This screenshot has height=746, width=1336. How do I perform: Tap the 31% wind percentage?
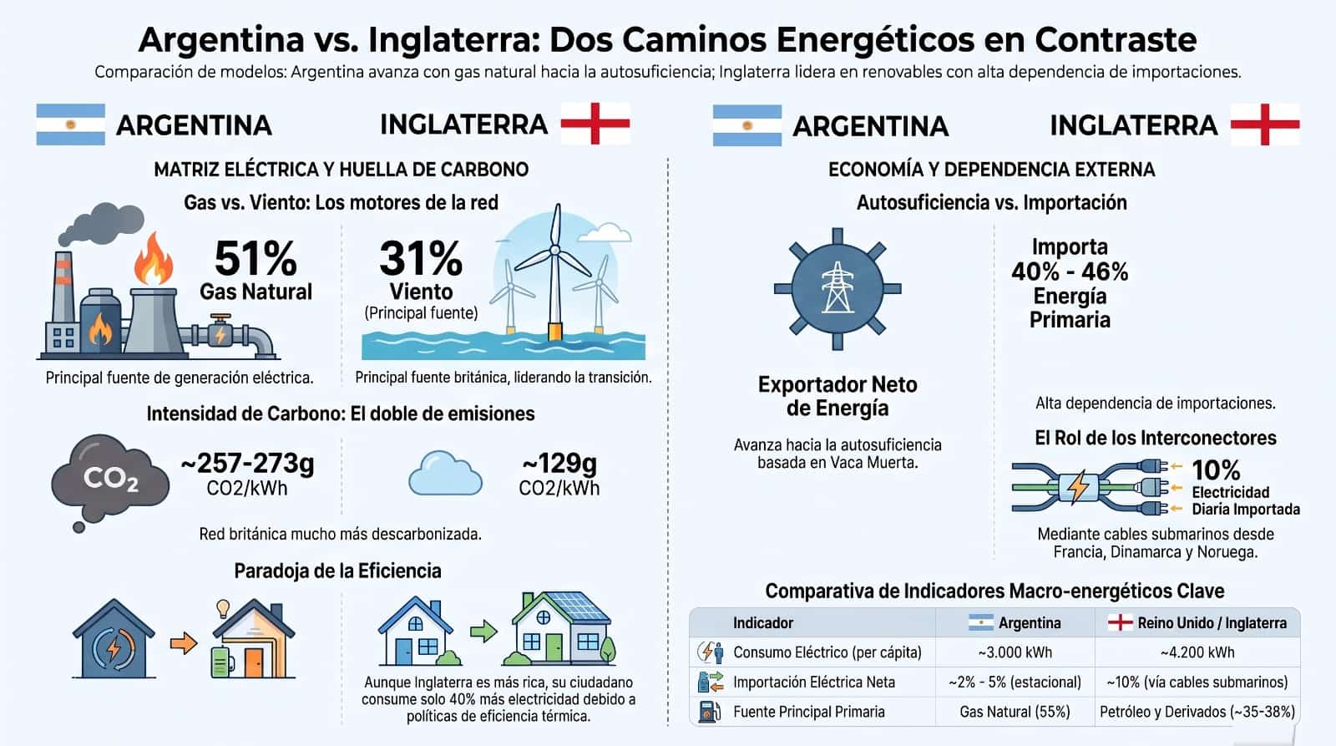point(421,258)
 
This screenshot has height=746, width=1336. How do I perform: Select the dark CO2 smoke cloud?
point(109,481)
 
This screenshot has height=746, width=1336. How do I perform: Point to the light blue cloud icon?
point(445,474)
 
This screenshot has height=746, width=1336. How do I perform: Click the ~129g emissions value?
point(559,463)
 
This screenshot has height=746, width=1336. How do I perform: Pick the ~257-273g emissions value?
point(247,463)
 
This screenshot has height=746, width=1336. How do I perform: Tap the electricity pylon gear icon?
point(838,288)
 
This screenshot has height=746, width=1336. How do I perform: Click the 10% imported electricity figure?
point(1216,470)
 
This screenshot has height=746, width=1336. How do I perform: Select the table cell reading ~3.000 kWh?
point(1015,652)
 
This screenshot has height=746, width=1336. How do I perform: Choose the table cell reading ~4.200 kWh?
point(1197,652)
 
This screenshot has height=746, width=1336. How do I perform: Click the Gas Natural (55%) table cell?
point(1015,712)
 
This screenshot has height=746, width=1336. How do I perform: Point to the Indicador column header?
point(763,623)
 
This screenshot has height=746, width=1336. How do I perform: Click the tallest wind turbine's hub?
point(554,250)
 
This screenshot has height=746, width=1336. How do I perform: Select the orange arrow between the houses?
point(184,643)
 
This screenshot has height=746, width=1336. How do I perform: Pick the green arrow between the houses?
point(483,631)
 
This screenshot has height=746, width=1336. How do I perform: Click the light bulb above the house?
point(223,608)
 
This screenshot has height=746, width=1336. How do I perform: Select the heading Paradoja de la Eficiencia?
point(337,571)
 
